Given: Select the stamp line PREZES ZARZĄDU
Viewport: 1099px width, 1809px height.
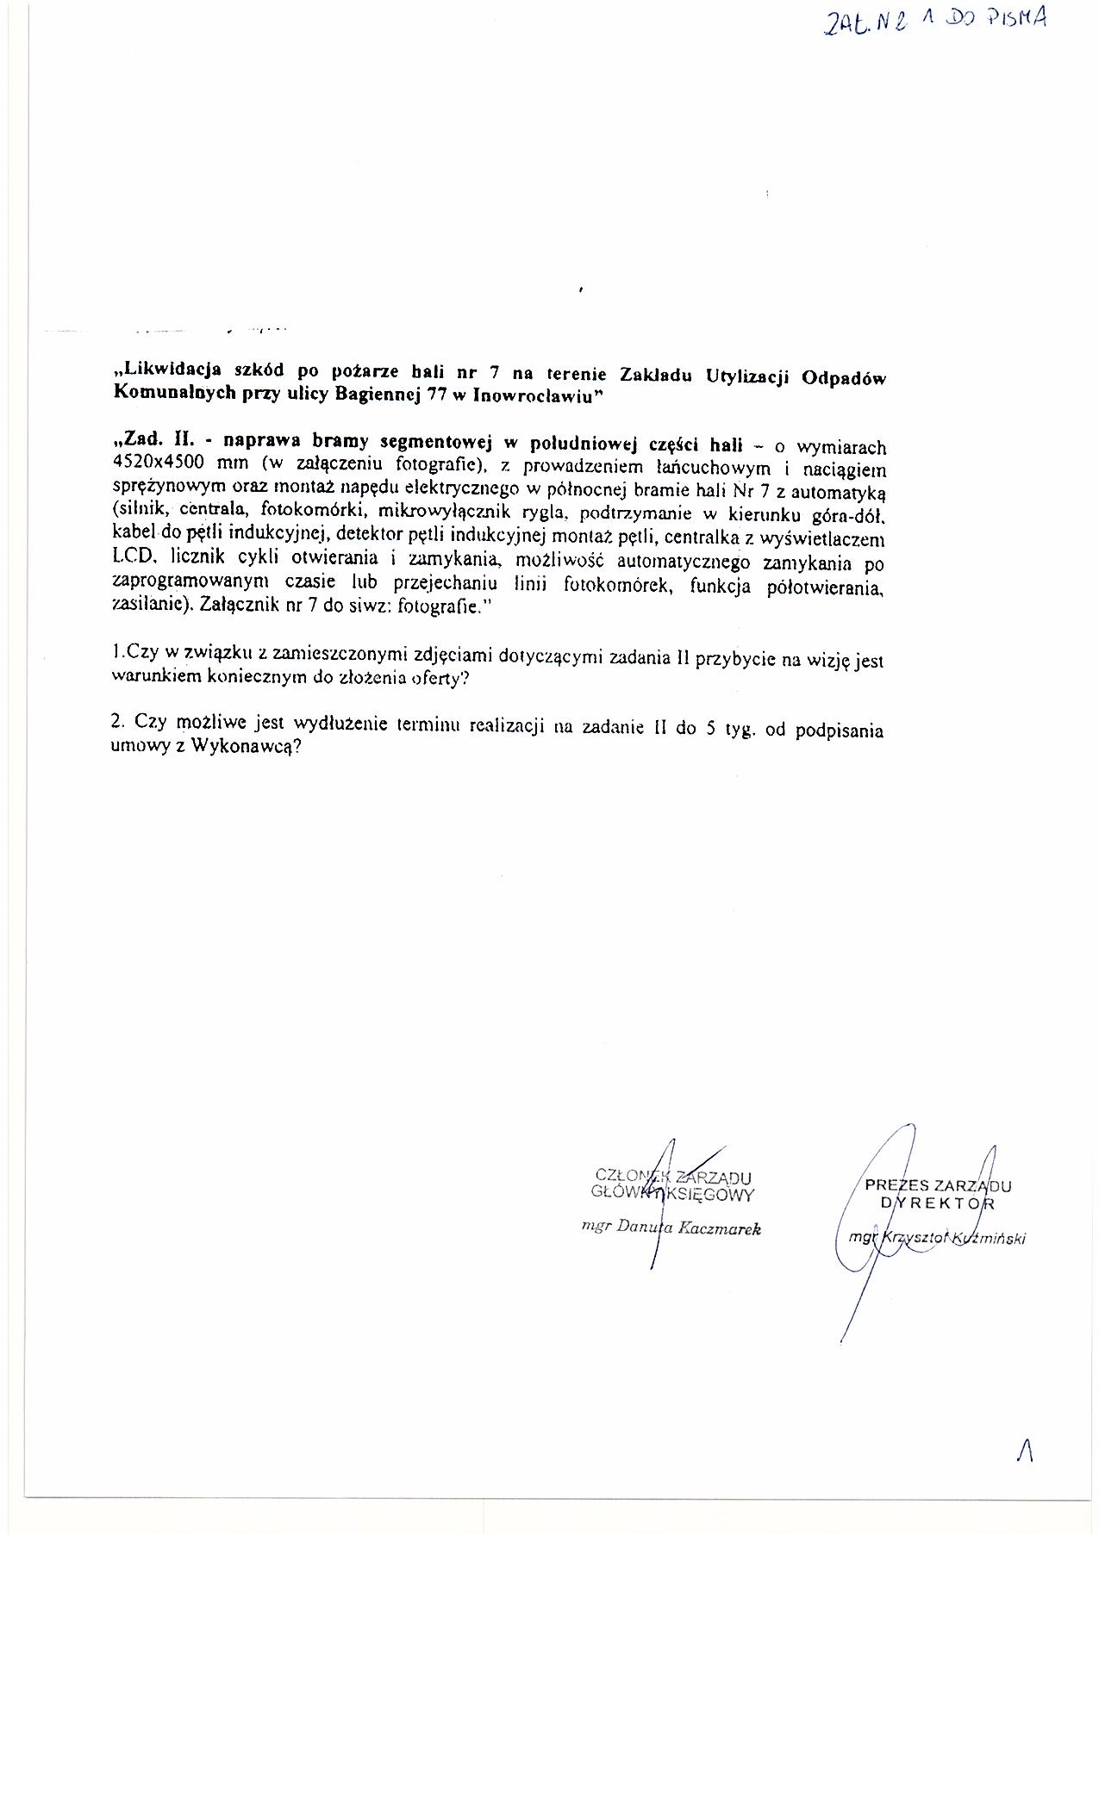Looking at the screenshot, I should [x=938, y=1185].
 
